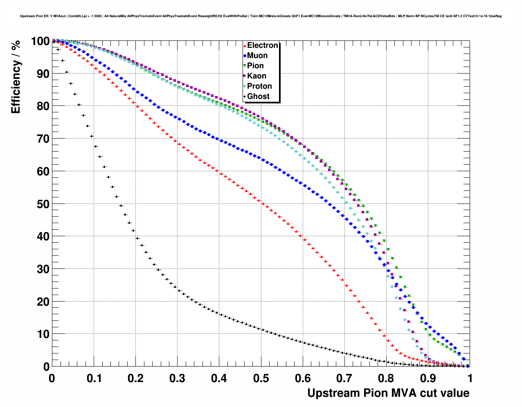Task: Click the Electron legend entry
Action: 262,45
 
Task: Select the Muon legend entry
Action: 257,56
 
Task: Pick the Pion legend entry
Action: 255,66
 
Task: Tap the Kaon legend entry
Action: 256,76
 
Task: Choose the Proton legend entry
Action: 259,86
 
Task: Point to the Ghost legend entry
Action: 258,96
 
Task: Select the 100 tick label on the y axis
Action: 40,41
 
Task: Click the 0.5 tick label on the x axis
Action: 261,378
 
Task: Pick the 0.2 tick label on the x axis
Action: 135,378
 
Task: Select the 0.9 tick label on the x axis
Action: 428,378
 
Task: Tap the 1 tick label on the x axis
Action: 470,378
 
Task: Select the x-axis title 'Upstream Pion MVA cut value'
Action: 388,393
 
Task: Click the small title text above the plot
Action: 261,16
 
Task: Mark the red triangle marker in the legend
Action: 245,46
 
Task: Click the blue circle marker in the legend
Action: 245,56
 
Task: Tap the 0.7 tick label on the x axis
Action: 344,378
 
